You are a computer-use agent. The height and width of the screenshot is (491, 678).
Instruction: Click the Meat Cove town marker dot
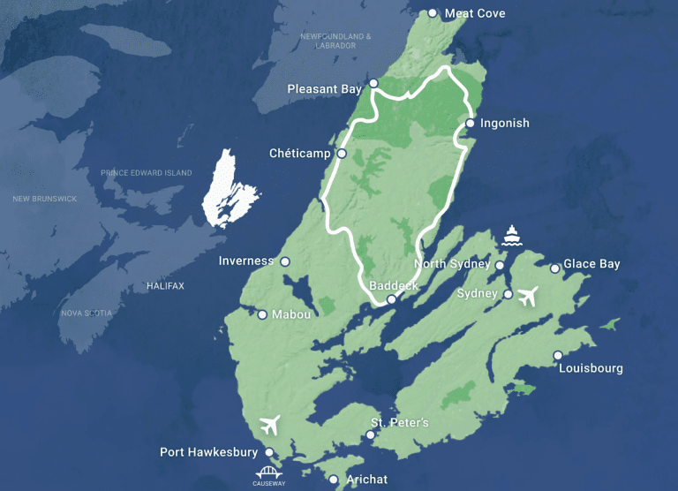[x=433, y=13]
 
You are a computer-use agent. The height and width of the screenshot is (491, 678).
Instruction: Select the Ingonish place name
[x=504, y=123]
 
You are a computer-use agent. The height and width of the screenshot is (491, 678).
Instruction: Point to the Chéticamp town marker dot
[x=342, y=154]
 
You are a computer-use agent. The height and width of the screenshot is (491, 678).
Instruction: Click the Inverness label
[x=246, y=261]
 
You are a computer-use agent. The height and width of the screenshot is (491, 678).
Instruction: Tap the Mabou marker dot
[x=262, y=314]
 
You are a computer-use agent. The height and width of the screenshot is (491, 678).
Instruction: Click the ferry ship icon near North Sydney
[x=511, y=235]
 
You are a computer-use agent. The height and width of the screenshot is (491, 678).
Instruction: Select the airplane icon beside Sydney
[x=528, y=297]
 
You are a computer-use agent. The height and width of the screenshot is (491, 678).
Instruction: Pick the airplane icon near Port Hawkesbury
[x=271, y=425]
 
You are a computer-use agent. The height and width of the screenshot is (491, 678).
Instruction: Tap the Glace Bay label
[x=591, y=264]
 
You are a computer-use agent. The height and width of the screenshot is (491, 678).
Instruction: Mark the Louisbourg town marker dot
[x=558, y=356]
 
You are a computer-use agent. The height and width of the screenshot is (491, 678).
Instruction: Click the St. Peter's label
[x=399, y=423]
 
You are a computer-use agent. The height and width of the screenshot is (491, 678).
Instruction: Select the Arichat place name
[x=367, y=480]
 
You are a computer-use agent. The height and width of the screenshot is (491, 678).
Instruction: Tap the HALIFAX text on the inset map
[x=165, y=286]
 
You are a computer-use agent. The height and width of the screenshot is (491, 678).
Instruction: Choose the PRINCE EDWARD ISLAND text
[x=146, y=173]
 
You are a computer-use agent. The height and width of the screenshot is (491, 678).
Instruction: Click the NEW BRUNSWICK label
[x=44, y=199]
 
